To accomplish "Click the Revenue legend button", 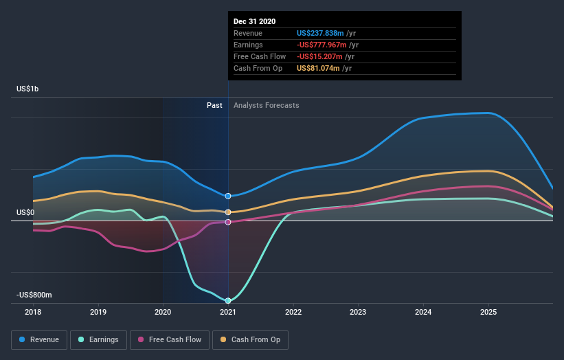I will tap(40, 339).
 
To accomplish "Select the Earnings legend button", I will tap(99, 339).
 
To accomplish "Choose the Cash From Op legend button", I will tap(251, 339).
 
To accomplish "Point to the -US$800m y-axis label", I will tap(34, 295).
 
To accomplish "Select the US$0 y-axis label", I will tap(25, 212).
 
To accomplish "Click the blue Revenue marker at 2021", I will tap(228, 196).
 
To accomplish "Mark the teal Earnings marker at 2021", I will tap(228, 300).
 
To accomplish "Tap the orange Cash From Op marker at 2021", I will tap(228, 212).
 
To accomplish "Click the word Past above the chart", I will tap(214, 105).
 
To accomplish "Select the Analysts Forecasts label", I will tap(266, 105).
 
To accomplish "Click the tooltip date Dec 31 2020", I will tap(254, 21).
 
